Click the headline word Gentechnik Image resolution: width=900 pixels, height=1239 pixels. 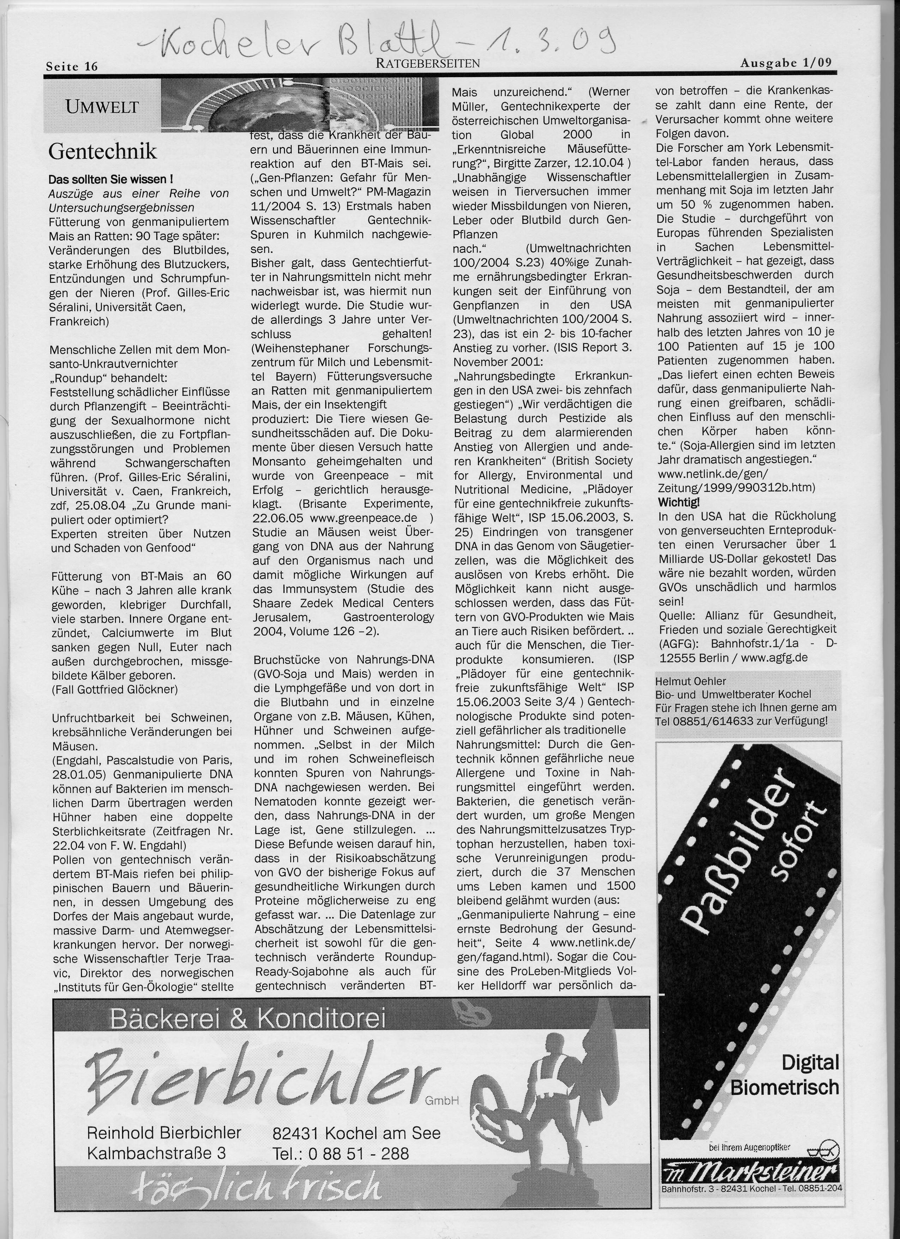(103, 151)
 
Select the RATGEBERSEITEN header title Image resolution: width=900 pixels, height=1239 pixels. (428, 64)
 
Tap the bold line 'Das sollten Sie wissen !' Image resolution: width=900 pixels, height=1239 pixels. (111, 179)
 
